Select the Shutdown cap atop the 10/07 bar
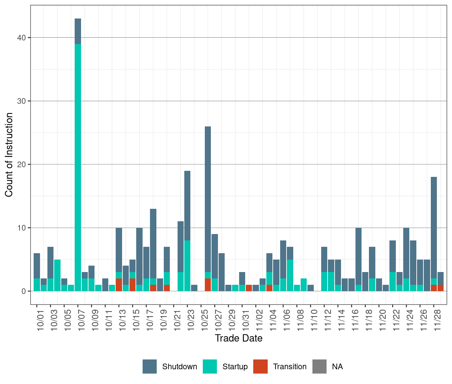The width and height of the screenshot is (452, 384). tap(78, 31)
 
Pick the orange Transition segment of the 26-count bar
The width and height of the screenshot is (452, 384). tap(208, 285)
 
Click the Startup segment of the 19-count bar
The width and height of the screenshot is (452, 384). tap(187, 266)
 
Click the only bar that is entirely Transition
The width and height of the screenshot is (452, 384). tap(249, 288)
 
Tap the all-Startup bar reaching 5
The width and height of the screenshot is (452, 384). tap(57, 275)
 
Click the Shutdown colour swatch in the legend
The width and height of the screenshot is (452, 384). tap(150, 367)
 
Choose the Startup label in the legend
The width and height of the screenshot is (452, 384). tap(235, 367)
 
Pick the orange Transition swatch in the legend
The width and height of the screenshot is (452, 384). tap(260, 367)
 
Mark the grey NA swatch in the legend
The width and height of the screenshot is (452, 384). tap(319, 367)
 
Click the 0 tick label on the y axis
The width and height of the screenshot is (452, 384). tap(24, 291)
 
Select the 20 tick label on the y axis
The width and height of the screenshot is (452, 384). tap(22, 164)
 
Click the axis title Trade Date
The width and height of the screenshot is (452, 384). tap(238, 338)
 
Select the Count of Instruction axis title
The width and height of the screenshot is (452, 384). tap(9, 155)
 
